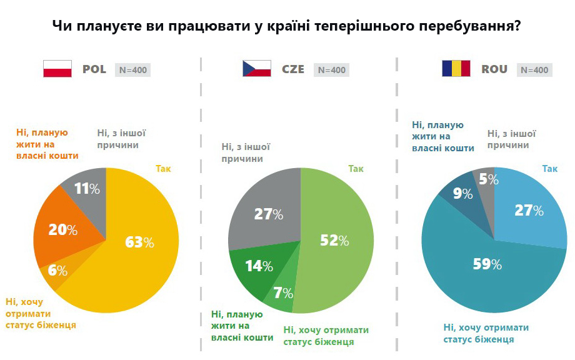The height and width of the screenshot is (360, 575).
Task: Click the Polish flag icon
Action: pos(58,69)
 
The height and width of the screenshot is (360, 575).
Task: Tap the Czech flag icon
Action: pos(256,69)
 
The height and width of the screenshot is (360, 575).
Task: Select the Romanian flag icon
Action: pos(456,69)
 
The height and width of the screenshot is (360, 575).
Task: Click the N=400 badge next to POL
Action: pos(133,70)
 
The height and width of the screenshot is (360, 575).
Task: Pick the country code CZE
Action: pos(293,69)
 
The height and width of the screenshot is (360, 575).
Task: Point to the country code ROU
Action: pos(494,69)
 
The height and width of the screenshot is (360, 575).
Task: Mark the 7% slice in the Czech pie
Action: pos(279,292)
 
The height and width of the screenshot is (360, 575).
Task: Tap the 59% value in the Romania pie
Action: pos(487,265)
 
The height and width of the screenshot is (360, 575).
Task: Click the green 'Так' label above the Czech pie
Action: pos(356,168)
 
